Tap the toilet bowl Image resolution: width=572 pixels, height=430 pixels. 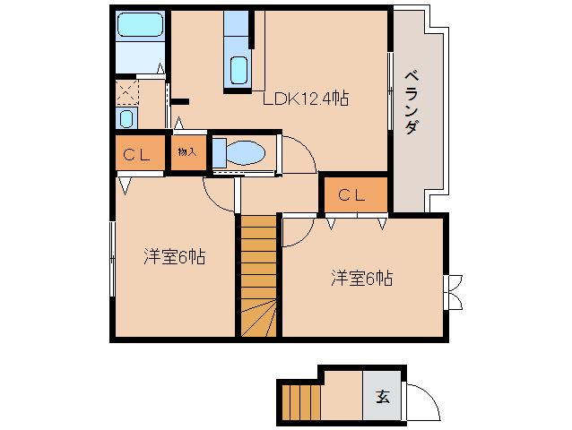pos(243,152)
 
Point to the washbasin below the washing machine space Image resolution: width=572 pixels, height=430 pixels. pos(126,118)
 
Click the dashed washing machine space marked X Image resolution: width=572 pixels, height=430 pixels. pos(126,90)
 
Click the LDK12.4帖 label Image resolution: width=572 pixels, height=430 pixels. pos(305,99)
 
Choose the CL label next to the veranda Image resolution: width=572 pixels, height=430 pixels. pos(351,194)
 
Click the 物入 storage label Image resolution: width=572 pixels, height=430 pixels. pos(186,152)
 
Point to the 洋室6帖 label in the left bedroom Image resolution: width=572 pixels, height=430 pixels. pos(176,257)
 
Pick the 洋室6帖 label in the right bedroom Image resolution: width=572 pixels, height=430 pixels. pos(361,279)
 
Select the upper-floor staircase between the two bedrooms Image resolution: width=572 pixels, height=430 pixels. pos(258,276)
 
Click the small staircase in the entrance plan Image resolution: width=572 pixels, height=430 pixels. pos(300,400)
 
